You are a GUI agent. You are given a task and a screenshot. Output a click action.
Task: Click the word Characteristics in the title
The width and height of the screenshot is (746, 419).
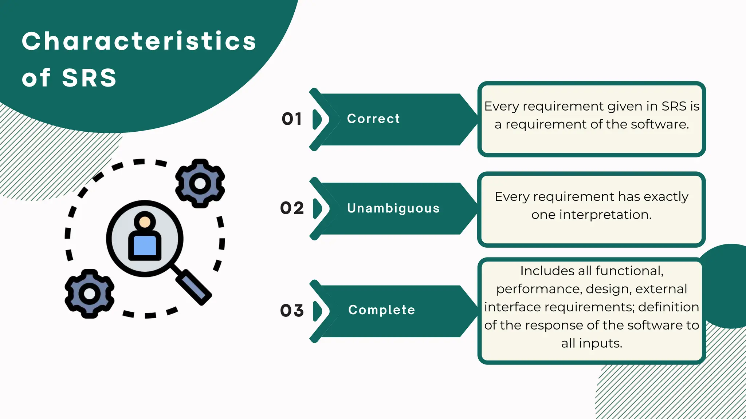pos(139,41)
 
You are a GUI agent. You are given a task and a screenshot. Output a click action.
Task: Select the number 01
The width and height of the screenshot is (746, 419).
pos(292,119)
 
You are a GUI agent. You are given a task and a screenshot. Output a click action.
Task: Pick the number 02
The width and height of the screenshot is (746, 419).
pos(292,208)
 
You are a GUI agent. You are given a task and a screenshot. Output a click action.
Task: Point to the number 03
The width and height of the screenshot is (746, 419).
pos(292,311)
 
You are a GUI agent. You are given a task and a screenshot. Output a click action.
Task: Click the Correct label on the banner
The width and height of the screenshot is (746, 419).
pos(373,119)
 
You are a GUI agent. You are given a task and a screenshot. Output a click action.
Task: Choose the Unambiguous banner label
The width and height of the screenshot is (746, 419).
pos(393,208)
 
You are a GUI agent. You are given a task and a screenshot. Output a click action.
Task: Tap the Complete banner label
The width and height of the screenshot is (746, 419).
pos(381,310)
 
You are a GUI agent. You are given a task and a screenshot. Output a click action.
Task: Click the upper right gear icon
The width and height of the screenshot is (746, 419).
pos(200,183)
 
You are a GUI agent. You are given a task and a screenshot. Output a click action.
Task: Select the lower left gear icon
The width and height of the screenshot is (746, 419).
pos(90,294)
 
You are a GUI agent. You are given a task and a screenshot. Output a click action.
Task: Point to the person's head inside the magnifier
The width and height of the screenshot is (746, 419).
pos(145,222)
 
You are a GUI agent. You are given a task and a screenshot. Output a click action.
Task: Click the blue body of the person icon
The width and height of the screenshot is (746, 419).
pos(145,246)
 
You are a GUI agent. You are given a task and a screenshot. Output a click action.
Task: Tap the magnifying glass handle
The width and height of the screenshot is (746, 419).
pos(193,287)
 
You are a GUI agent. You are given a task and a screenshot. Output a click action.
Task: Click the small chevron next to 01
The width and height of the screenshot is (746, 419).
pos(317,119)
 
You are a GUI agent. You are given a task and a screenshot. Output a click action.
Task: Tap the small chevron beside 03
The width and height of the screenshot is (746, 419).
pos(317,311)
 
